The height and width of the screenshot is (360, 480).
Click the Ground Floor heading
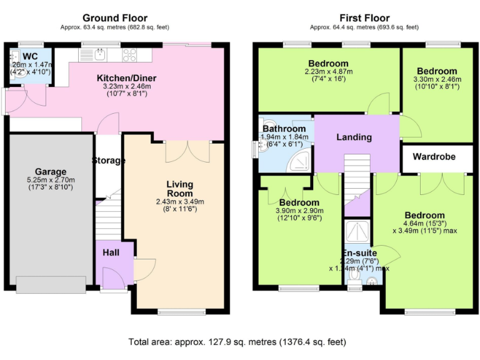[115, 17]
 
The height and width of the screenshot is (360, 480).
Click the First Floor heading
[364, 17]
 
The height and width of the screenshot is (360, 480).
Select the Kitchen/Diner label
[126, 78]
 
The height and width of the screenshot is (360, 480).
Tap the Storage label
[109, 161]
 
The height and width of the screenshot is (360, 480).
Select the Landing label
[354, 137]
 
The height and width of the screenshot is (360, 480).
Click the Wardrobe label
[433, 156]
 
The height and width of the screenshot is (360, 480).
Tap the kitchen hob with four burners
[130, 54]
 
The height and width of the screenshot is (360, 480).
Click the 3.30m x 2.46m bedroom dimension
[437, 79]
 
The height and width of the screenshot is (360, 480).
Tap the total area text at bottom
[237, 342]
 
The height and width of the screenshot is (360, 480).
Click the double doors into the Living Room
[187, 152]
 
